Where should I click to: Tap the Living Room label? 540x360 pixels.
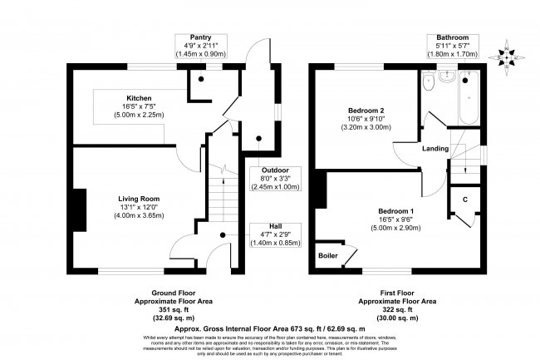click(x=138, y=199)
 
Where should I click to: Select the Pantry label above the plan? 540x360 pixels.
click(x=199, y=37)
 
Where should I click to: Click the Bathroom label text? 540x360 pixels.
click(x=453, y=37)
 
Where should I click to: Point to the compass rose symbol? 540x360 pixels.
click(x=510, y=57)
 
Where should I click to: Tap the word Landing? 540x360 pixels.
click(x=435, y=149)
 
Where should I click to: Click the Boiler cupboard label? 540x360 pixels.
click(x=328, y=255)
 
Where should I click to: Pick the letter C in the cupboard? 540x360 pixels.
click(x=464, y=200)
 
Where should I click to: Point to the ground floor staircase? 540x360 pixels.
click(x=221, y=195)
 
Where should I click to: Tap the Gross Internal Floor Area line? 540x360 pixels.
click(x=269, y=328)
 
